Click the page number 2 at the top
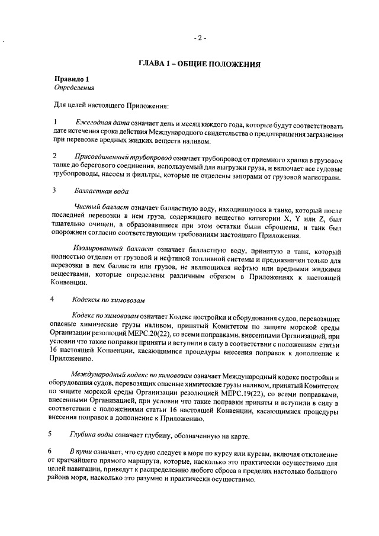pos(200,38)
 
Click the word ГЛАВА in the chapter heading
pos(153,63)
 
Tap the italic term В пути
pos(79,452)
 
